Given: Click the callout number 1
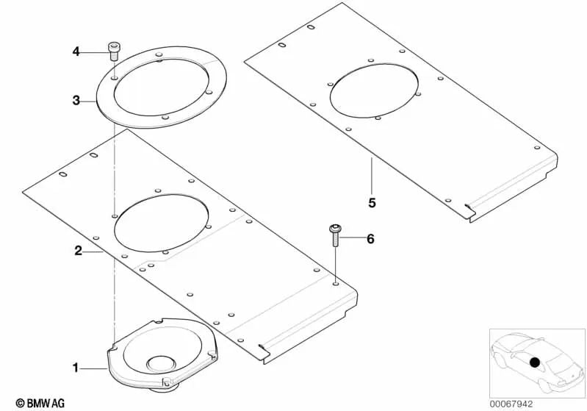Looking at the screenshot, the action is pos(76,368).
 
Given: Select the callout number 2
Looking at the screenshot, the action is pos(78,251).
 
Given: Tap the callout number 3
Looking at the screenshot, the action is pos(76,101).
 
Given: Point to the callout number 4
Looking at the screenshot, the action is pos(76,51).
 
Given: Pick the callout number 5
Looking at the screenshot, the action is pos(372,203).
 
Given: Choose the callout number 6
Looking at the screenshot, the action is pos(370,239).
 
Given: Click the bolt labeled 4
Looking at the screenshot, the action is pos(113,51).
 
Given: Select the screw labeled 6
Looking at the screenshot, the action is pos(335,236).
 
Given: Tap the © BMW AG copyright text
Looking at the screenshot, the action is pos(40,403).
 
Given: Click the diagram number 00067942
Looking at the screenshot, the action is pos(511,404).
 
